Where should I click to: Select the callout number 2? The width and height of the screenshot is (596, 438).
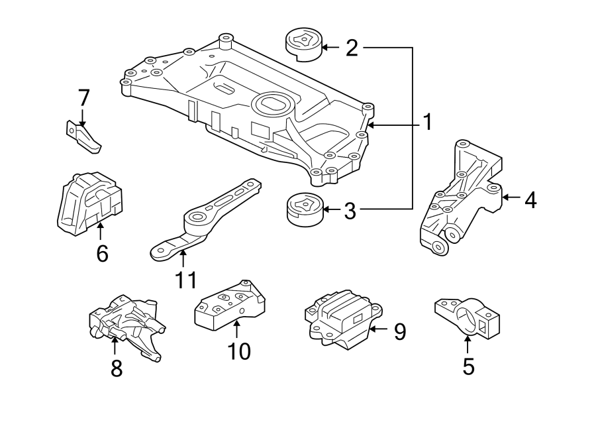tap(351, 47)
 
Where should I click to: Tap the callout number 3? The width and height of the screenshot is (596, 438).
tap(350, 211)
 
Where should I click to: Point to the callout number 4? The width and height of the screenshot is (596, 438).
tap(530, 199)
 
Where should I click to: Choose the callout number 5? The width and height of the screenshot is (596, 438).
tap(468, 366)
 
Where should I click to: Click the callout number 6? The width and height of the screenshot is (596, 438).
tap(101, 253)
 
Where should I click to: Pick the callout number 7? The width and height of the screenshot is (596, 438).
tap(83, 98)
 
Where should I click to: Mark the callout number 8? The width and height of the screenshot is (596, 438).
tap(117, 368)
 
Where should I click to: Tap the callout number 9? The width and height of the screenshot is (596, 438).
tap(399, 331)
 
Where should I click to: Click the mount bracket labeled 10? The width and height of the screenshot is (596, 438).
tap(230, 303)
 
